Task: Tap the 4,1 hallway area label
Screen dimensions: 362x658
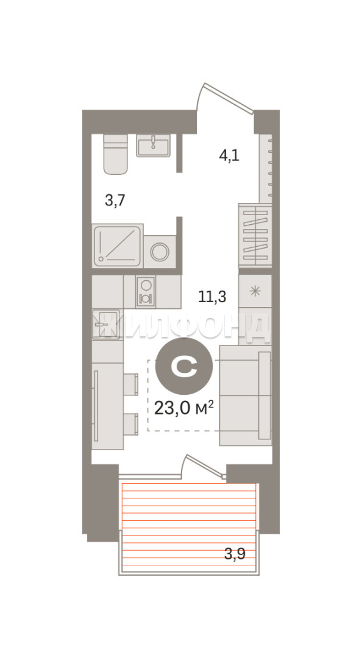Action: [x=229, y=156]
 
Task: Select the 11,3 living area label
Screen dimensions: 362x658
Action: [x=212, y=297]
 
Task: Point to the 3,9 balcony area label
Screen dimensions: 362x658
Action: [x=235, y=554]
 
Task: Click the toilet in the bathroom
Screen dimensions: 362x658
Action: [x=115, y=154]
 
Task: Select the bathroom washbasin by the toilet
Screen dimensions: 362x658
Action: [x=154, y=145]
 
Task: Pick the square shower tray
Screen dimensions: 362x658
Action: [x=117, y=246]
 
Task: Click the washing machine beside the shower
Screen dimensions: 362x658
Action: [x=160, y=252]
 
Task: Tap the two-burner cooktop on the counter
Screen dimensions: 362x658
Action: [x=146, y=292]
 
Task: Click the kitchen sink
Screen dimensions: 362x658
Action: [x=106, y=324]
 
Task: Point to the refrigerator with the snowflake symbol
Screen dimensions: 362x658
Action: [x=255, y=291]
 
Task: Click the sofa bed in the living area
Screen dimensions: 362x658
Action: [x=245, y=396]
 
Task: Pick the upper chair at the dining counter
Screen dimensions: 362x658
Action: [x=131, y=384]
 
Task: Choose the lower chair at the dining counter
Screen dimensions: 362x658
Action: [x=131, y=424]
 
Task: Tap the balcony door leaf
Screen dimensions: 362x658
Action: [x=205, y=465]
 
